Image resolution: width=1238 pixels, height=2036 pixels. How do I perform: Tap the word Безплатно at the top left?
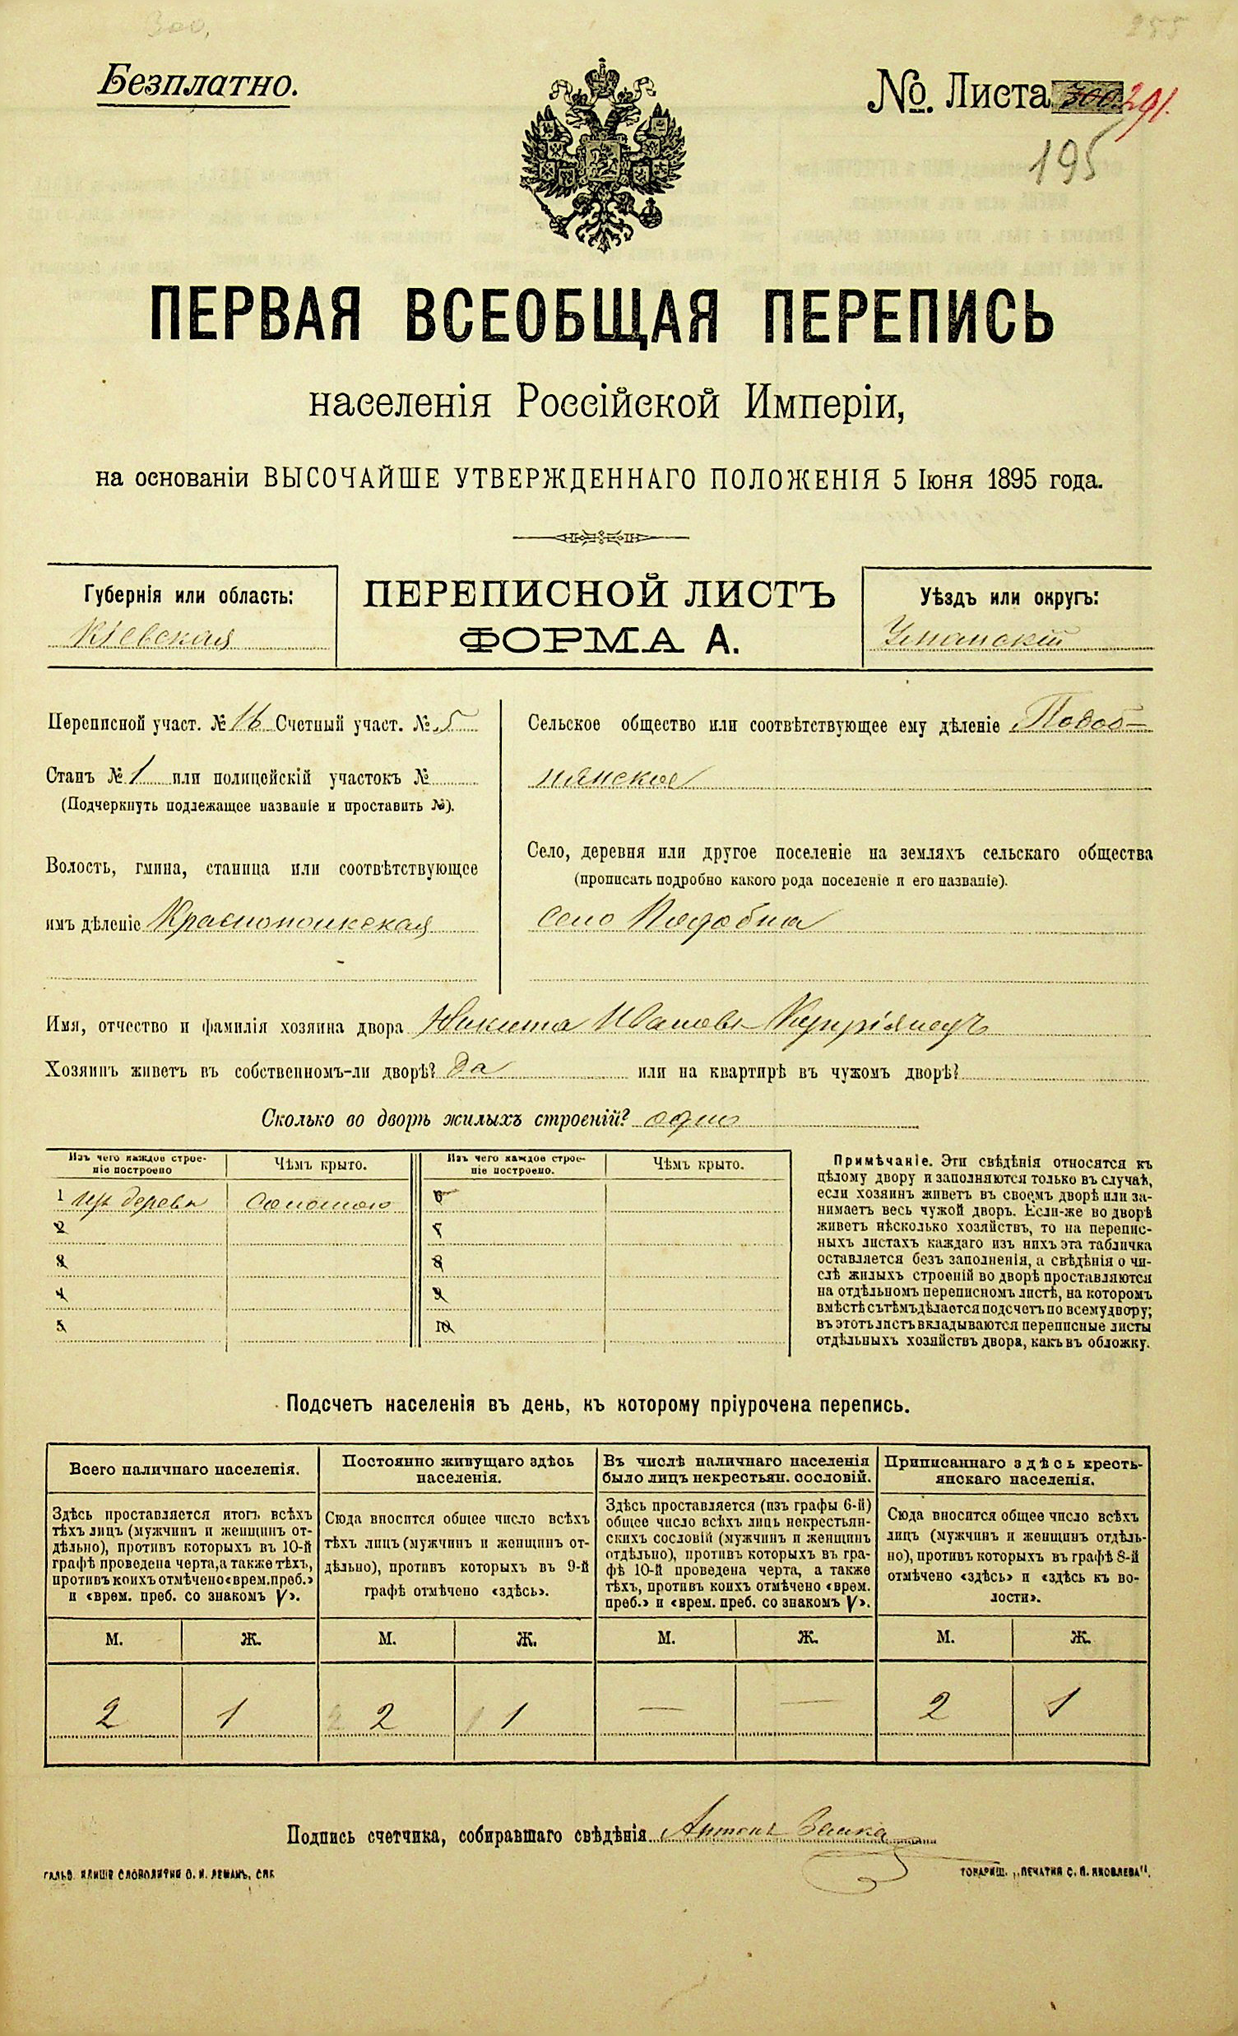pos(197,83)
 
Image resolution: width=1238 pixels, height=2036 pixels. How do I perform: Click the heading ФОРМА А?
pos(598,639)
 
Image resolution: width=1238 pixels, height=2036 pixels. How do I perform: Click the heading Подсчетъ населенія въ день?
pos(598,1403)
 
